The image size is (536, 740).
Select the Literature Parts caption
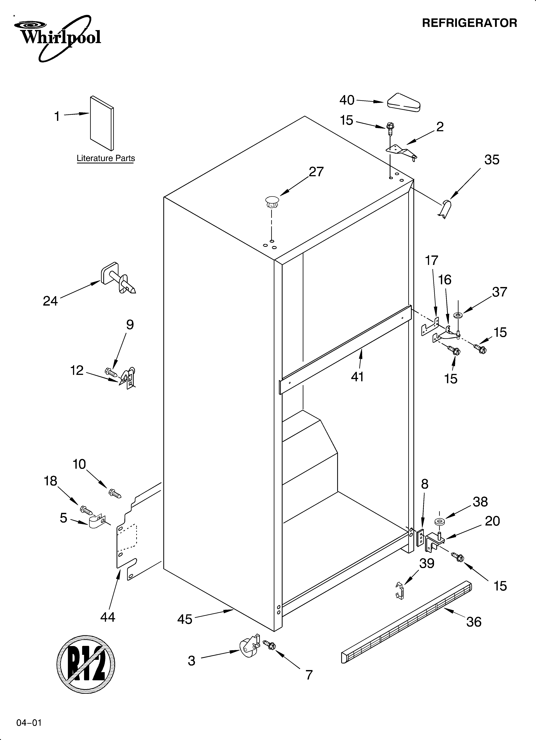106,158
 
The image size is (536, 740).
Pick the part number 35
492,160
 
